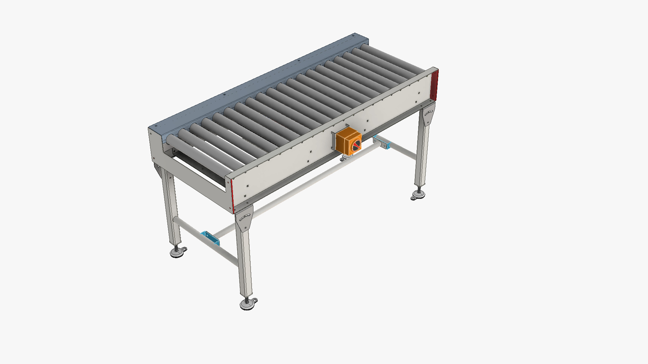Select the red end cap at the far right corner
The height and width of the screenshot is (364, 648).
point(435,85)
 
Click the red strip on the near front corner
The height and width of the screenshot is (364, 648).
point(232,195)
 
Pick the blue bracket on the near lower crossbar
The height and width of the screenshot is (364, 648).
point(210,238)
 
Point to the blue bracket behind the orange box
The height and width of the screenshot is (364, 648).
point(382,142)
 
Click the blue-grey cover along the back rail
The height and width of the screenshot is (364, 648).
point(256,81)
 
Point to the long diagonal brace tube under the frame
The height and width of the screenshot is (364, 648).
point(304,182)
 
